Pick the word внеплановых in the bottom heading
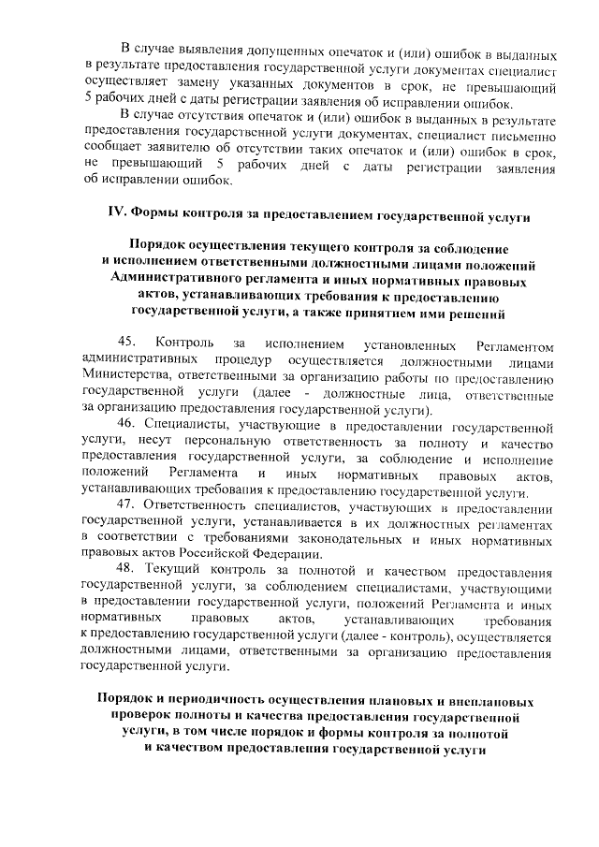493,701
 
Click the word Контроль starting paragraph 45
187,344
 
